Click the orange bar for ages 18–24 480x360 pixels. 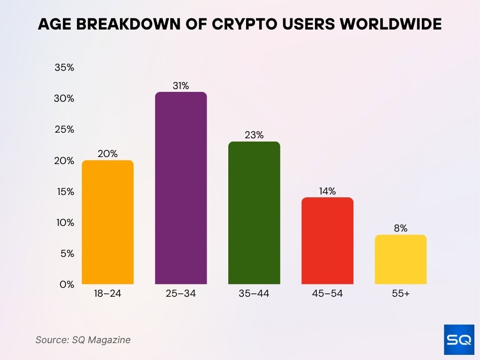(107, 222)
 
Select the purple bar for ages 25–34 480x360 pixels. (180, 188)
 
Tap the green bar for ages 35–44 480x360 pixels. (254, 213)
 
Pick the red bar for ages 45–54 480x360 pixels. (327, 241)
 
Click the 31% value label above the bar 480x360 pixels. (180, 86)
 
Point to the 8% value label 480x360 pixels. (400, 229)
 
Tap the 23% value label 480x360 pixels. (254, 135)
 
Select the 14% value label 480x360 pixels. (327, 191)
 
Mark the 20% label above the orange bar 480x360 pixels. (107, 154)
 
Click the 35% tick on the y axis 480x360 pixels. (65, 67)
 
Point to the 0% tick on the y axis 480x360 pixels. (67, 284)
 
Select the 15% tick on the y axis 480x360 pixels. (65, 191)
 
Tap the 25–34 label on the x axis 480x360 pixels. (180, 294)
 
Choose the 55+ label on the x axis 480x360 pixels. (400, 294)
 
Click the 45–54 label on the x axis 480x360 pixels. (327, 294)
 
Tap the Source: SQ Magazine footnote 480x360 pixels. (83, 340)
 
